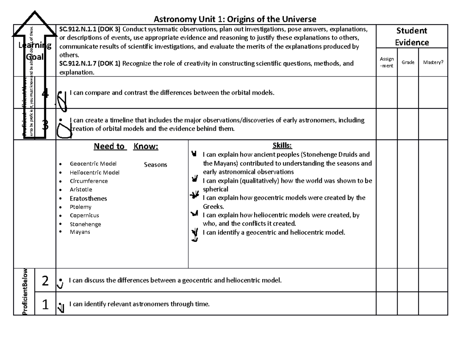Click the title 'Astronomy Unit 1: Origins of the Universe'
pyautogui.click(x=235, y=19)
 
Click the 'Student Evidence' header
pyautogui.click(x=412, y=37)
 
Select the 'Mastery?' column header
pyautogui.click(x=433, y=62)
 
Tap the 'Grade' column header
pyautogui.click(x=408, y=62)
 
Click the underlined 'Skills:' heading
pyautogui.click(x=282, y=146)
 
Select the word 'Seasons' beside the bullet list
pyautogui.click(x=155, y=165)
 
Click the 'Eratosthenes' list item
pyautogui.click(x=88, y=198)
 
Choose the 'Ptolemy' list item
pyautogui.click(x=80, y=207)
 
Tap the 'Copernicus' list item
pyautogui.click(x=84, y=216)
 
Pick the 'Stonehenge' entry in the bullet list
pyautogui.click(x=85, y=224)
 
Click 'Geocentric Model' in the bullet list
pyautogui.click(x=93, y=164)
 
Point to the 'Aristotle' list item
pyautogui.click(x=81, y=190)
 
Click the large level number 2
pyautogui.click(x=45, y=281)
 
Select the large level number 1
pyautogui.click(x=45, y=305)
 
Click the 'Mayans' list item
pyautogui.click(x=80, y=232)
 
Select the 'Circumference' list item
pyautogui.click(x=89, y=181)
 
